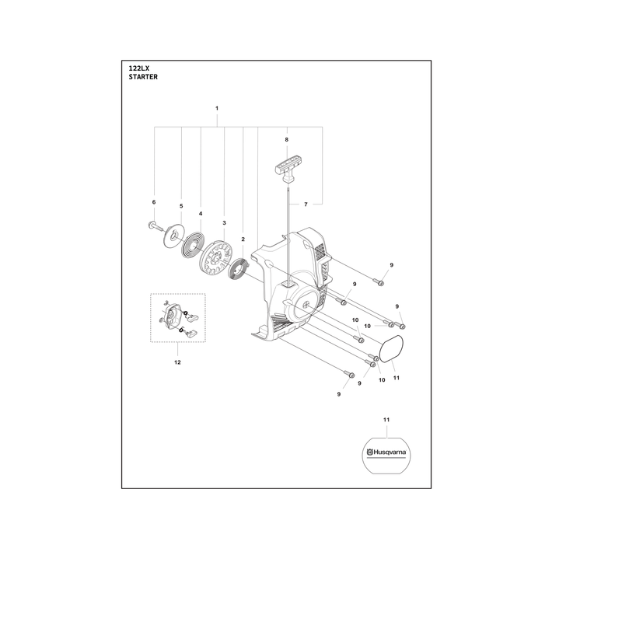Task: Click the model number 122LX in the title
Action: pyautogui.click(x=139, y=68)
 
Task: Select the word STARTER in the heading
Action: pyautogui.click(x=143, y=77)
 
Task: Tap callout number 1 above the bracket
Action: pyautogui.click(x=217, y=108)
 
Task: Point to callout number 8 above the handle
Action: pyautogui.click(x=286, y=140)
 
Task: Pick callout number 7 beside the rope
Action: pyautogui.click(x=306, y=204)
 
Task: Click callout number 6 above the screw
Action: pyautogui.click(x=154, y=202)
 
